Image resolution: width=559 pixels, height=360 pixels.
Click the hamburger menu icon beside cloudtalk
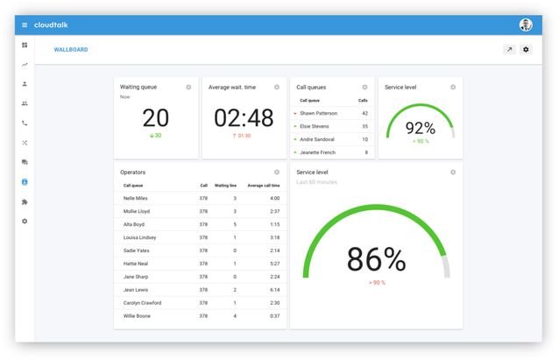pos(25,25)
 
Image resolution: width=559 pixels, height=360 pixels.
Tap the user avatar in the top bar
pos(526,25)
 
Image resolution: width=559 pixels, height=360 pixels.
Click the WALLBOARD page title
pos(71,50)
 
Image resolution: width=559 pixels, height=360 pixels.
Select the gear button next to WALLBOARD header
pos(526,50)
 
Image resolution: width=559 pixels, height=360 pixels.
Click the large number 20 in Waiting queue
pos(156,118)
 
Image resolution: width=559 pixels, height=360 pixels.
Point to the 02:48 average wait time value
pos(244,118)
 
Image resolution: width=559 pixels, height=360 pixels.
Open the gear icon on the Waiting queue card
pos(188,88)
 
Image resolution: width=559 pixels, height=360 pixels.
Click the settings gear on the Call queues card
pos(364,88)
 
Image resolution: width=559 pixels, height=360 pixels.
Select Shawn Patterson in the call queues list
pos(318,113)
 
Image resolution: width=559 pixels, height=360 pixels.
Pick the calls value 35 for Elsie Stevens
pos(364,126)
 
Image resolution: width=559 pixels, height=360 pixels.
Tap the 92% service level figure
pos(421,127)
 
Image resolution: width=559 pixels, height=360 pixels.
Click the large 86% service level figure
pos(376,259)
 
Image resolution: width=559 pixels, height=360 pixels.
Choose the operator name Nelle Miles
pos(135,198)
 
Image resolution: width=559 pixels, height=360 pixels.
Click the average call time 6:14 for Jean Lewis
pos(274,289)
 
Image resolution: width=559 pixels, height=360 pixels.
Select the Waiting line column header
pos(226,186)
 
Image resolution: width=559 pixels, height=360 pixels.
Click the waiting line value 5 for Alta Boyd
pos(235,224)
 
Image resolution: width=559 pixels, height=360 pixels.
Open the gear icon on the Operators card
pos(277,173)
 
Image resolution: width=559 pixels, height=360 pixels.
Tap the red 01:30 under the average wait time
pos(243,136)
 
